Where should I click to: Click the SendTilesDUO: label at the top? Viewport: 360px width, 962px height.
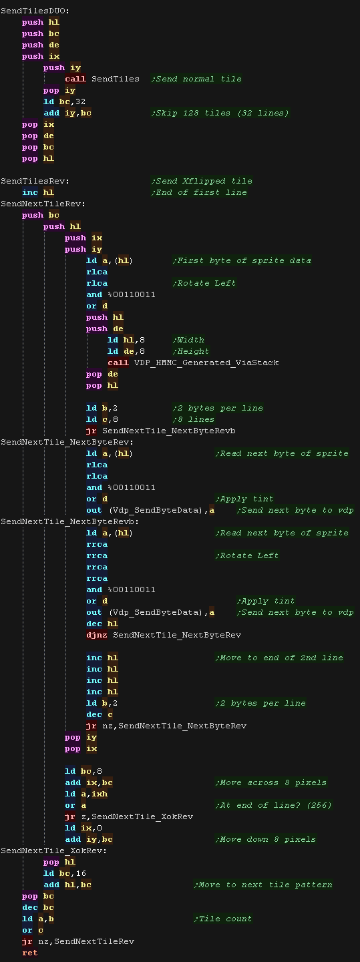point(35,11)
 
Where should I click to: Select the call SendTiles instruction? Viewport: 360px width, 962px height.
point(102,79)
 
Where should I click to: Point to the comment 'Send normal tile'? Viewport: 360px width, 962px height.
point(196,79)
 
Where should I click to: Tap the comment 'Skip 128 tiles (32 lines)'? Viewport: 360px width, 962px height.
point(220,113)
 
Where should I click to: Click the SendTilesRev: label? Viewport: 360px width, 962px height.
point(35,181)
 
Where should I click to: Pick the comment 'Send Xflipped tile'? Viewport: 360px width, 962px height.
point(202,181)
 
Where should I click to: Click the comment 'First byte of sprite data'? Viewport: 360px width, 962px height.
point(242,260)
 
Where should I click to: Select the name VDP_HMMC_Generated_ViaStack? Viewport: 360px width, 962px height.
point(206,363)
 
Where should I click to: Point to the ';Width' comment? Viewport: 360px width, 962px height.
point(188,340)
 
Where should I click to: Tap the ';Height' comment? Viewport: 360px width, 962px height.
point(191,351)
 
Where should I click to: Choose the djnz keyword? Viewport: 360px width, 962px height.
point(97,635)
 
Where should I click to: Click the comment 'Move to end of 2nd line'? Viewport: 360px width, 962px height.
point(279,658)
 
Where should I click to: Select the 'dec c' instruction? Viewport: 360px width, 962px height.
point(100,714)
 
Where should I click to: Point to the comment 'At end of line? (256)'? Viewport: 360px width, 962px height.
point(274,805)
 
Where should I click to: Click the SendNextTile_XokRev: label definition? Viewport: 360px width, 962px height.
point(53,851)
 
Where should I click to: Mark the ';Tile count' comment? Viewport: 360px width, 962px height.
point(223,919)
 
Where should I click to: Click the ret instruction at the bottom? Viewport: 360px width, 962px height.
point(29,953)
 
